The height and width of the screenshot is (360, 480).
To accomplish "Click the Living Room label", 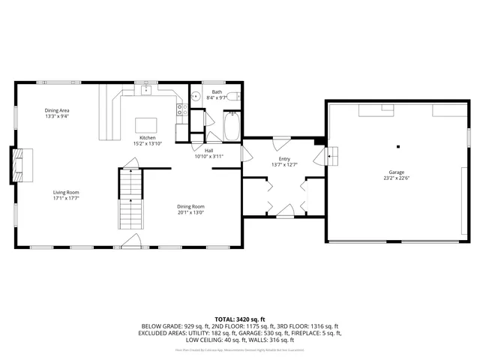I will click(x=66, y=192).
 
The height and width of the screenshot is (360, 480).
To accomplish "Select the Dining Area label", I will click(x=57, y=110).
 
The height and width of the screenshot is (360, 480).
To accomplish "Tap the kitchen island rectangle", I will click(x=145, y=125).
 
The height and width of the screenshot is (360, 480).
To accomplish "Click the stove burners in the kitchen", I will click(x=180, y=110).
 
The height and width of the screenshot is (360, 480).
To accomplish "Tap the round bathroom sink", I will click(x=194, y=96).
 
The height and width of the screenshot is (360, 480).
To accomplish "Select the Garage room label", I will click(x=397, y=172).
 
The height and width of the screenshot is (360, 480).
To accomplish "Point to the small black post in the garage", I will click(x=398, y=146).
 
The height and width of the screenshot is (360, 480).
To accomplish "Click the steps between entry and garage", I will click(x=331, y=156).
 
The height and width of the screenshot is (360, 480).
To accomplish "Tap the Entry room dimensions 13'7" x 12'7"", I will click(x=284, y=165).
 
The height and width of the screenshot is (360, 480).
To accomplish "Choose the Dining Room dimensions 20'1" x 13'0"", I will click(x=190, y=212).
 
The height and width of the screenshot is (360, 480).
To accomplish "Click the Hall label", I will click(x=199, y=151).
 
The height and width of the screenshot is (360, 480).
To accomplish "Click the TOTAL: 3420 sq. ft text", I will click(x=240, y=319).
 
